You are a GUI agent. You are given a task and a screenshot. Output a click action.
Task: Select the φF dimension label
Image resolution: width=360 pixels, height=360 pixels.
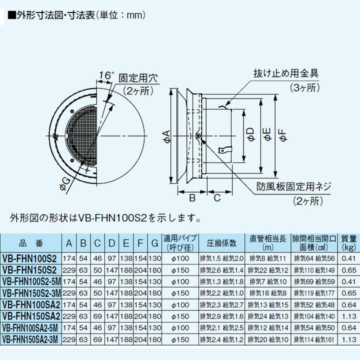coord(282,133)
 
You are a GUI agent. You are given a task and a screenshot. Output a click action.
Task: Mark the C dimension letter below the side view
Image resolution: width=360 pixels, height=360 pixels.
coord(217,197)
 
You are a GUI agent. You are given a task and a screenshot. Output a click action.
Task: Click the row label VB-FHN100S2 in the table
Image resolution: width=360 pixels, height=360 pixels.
coord(29,258)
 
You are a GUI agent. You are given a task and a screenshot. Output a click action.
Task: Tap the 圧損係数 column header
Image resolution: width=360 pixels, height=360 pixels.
coord(221,243)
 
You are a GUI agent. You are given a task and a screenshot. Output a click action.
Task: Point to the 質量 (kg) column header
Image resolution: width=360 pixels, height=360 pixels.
coord(348,243)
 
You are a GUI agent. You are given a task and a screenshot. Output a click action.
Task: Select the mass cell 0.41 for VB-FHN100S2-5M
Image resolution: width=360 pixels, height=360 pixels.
coord(348,281)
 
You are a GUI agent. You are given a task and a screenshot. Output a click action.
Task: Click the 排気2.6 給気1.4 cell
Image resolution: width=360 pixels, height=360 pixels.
coord(221,270)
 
